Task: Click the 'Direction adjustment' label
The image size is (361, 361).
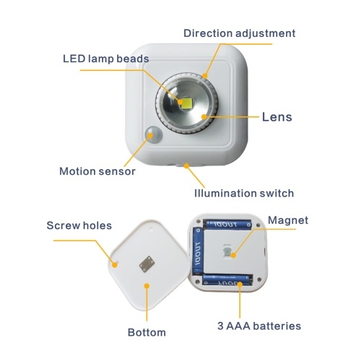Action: click(239, 33)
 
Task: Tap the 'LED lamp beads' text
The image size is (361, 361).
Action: click(106, 58)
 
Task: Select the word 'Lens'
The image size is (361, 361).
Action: click(277, 117)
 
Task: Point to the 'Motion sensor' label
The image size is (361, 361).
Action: click(97, 171)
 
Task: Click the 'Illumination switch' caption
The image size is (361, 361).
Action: click(244, 193)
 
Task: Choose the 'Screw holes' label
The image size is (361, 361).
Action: click(79, 225)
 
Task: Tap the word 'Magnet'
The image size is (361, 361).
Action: click(288, 220)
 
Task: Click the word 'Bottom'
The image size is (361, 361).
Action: click(147, 332)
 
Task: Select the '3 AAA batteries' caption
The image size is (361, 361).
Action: click(259, 326)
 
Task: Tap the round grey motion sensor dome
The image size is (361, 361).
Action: click(154, 134)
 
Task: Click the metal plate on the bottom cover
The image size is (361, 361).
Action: click(147, 264)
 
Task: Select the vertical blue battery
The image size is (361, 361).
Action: click(198, 251)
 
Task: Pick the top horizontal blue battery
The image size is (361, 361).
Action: click(229, 225)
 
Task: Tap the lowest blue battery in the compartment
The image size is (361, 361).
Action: click(226, 280)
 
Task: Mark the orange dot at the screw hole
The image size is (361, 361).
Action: click(115, 265)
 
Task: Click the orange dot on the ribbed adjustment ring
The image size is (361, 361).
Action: click(205, 76)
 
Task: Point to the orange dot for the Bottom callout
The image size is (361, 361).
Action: click(147, 286)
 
